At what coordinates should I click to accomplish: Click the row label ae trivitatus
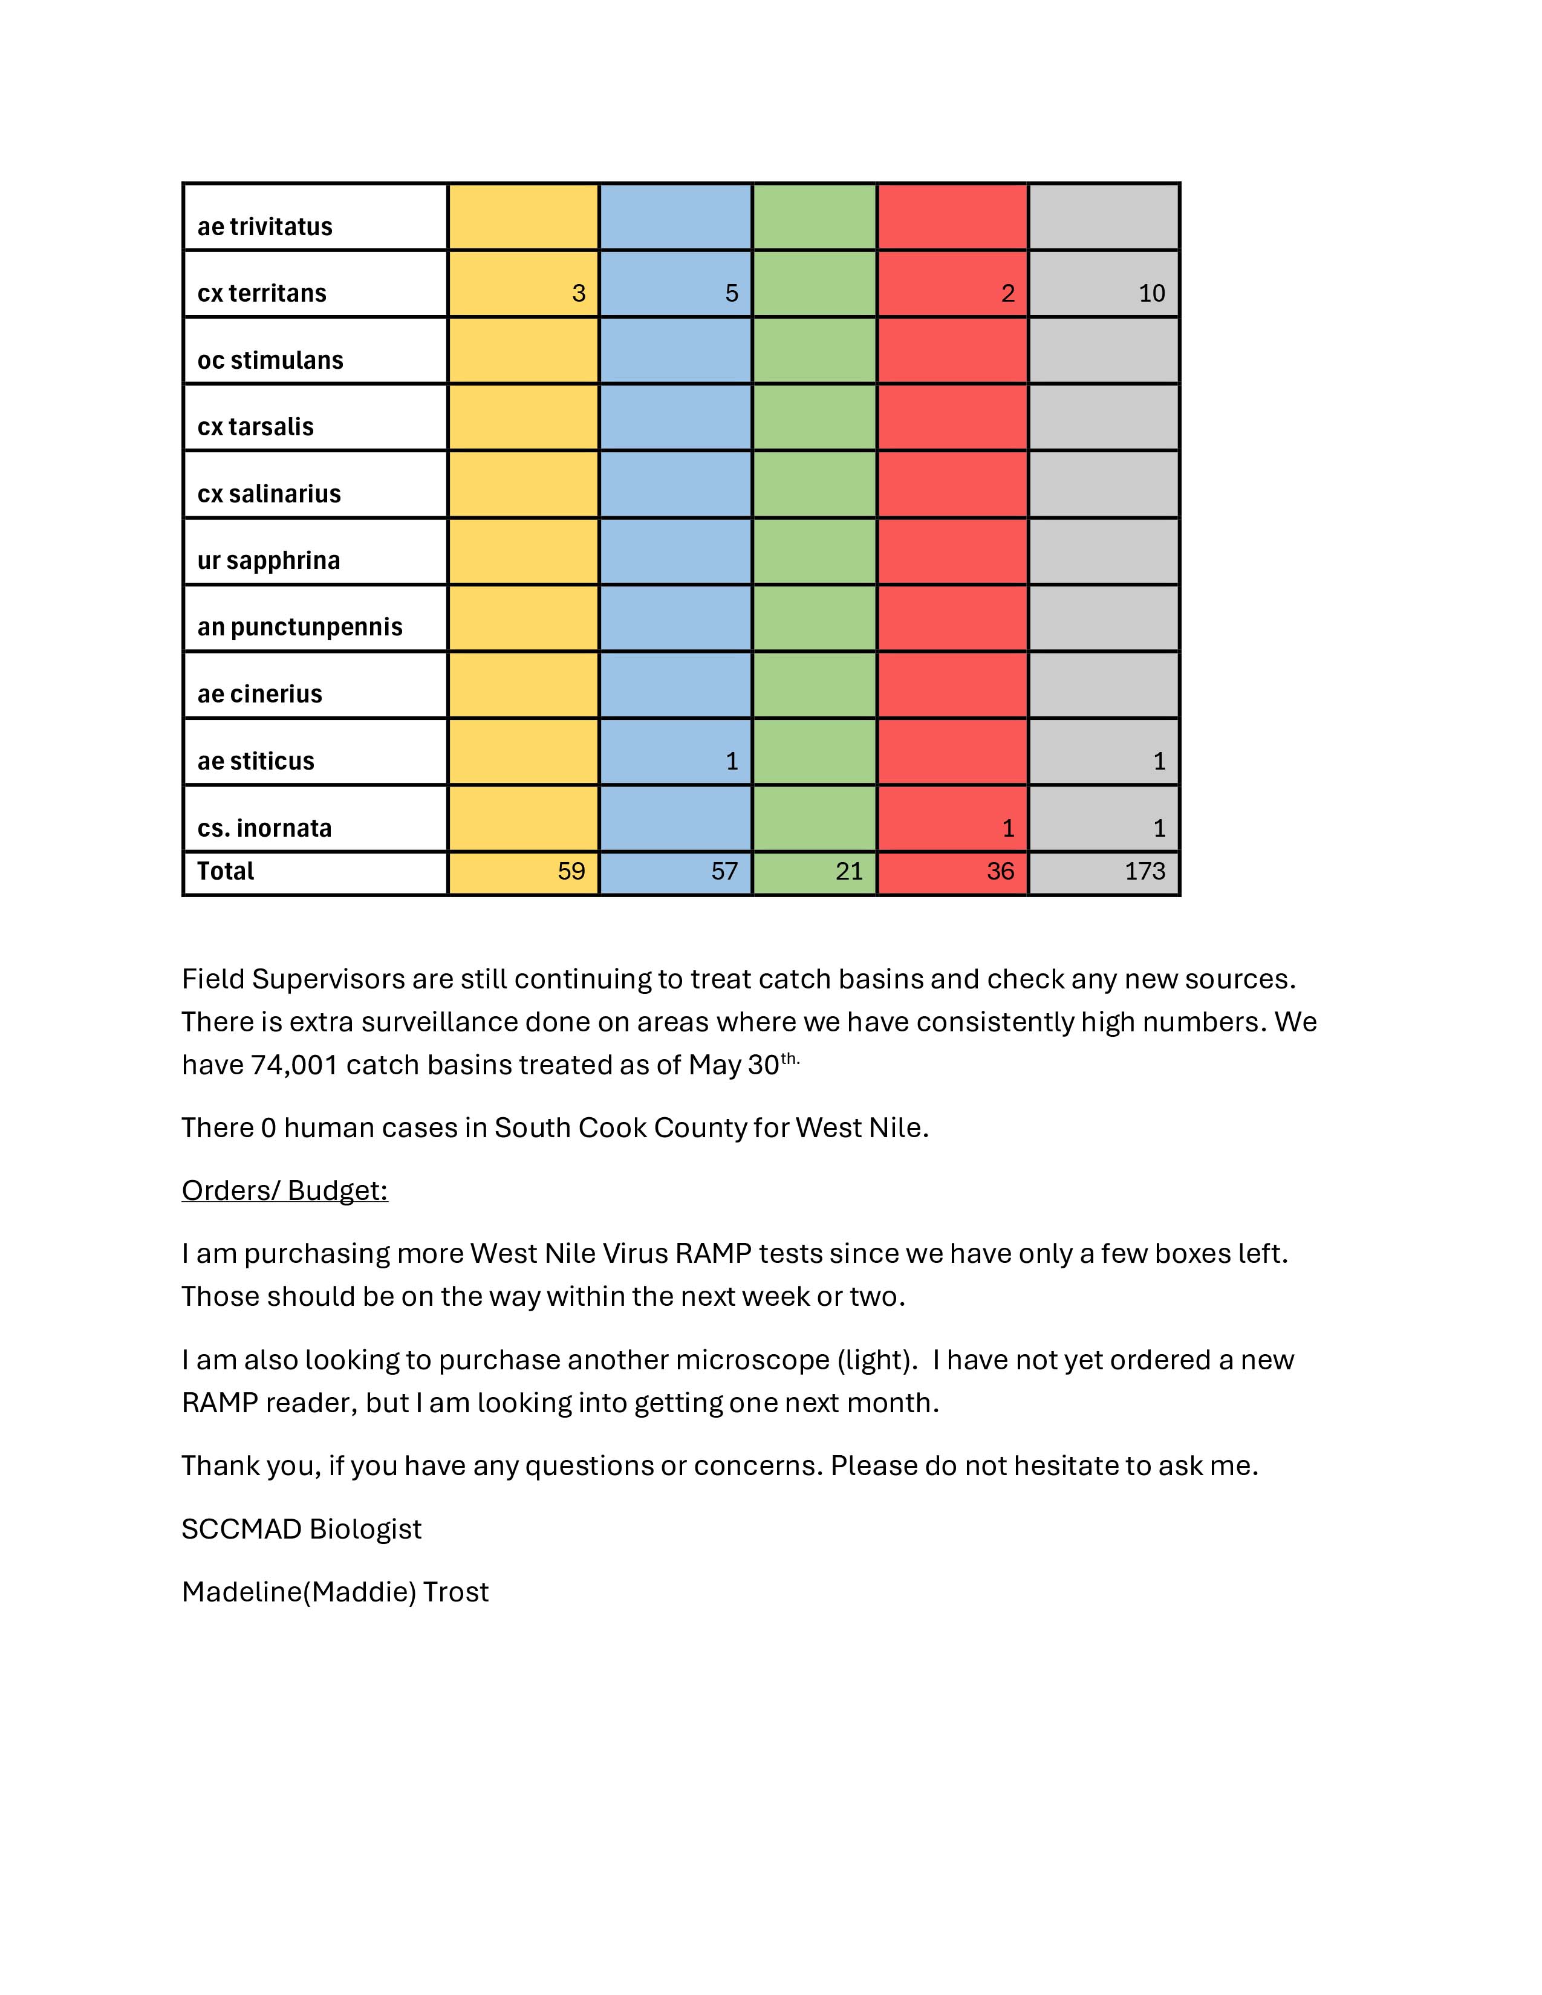point(265,227)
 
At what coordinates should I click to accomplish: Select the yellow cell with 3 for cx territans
point(524,285)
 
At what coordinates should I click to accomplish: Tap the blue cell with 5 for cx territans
point(675,285)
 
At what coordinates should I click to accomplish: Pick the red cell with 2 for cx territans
point(952,285)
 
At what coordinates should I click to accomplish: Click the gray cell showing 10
point(1104,285)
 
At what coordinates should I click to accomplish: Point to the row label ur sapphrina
point(268,560)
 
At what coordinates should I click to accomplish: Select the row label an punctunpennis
point(299,627)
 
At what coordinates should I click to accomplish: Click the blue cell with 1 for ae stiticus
point(675,753)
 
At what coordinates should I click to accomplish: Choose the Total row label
point(226,871)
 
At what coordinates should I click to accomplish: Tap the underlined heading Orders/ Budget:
point(285,1190)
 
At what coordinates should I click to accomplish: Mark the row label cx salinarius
point(268,493)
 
